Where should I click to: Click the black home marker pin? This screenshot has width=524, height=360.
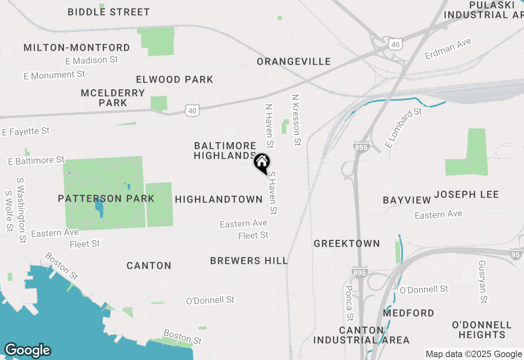click(262, 162)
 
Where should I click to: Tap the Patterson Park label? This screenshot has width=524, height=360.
click(106, 198)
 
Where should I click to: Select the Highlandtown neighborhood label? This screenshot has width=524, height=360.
click(219, 199)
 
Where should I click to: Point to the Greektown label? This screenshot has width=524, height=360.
click(347, 243)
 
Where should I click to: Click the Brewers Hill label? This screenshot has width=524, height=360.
click(249, 261)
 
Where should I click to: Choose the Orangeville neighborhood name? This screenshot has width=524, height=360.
click(294, 61)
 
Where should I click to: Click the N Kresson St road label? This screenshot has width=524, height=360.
click(296, 120)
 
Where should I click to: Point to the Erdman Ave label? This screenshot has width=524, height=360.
click(448, 49)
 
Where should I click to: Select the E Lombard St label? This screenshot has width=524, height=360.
click(403, 127)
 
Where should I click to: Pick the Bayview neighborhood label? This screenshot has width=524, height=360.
click(407, 200)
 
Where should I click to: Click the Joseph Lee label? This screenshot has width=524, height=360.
click(466, 194)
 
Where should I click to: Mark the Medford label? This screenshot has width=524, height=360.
click(409, 313)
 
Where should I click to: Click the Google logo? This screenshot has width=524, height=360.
click(27, 350)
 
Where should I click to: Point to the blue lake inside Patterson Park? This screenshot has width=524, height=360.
click(99, 208)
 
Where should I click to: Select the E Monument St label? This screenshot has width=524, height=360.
click(54, 75)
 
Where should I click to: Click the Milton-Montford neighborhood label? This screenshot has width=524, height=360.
click(77, 47)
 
